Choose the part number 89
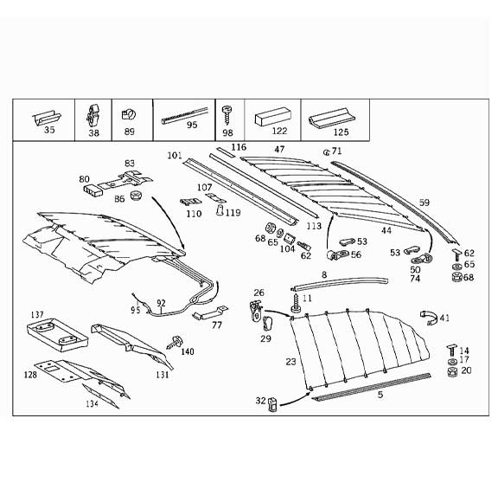[130, 132]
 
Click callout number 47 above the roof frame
[278, 150]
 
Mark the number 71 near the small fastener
[337, 151]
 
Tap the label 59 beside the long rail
[424, 203]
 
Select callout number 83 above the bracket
[130, 163]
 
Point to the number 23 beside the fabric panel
[291, 362]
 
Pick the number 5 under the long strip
[380, 395]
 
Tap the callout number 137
[38, 314]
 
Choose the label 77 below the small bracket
[216, 326]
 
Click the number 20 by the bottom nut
[465, 370]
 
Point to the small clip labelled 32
[272, 402]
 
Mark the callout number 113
[313, 226]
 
